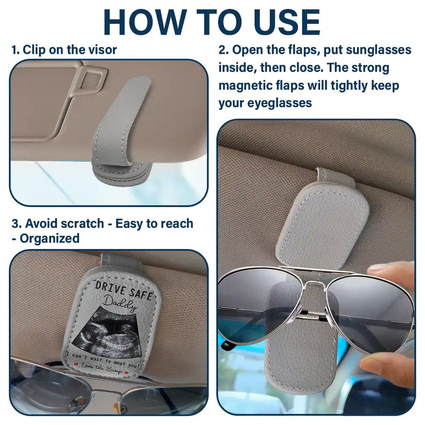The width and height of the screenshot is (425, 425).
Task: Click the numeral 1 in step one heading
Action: click(14, 50)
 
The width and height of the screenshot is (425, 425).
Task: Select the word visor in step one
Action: click(101, 50)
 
